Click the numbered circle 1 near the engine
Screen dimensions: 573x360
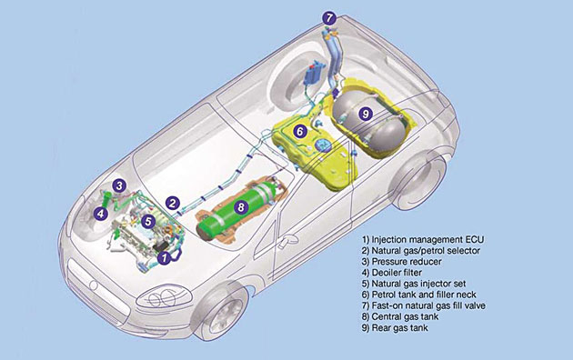click(165, 258)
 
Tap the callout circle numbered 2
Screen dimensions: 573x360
click(172, 204)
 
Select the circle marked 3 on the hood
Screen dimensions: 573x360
click(119, 185)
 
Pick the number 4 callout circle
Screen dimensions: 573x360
click(100, 214)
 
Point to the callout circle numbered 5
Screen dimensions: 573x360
click(147, 221)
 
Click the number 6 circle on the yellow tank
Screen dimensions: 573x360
click(299, 131)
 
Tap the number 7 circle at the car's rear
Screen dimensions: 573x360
click(329, 18)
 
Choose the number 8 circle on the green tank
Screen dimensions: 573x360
click(241, 207)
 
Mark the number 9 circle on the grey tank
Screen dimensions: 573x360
click(365, 114)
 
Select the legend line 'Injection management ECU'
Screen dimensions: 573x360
click(423, 239)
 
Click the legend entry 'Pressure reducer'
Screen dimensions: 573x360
click(402, 262)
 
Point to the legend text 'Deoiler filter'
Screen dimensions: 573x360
click(392, 273)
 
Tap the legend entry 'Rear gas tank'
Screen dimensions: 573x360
click(395, 327)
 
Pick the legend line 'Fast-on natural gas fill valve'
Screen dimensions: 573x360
click(424, 305)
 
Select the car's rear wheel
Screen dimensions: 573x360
click(419, 180)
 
